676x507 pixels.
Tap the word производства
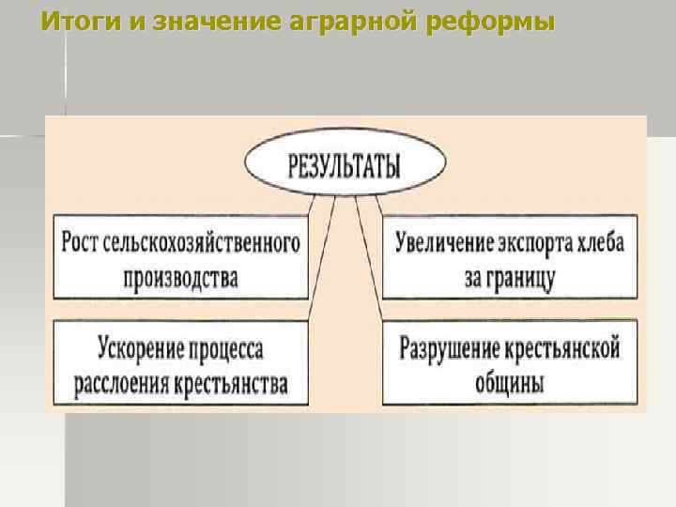click(x=180, y=278)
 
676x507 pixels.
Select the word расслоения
click(x=117, y=384)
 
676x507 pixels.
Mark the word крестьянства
click(x=233, y=384)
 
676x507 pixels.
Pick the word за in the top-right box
click(x=473, y=278)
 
